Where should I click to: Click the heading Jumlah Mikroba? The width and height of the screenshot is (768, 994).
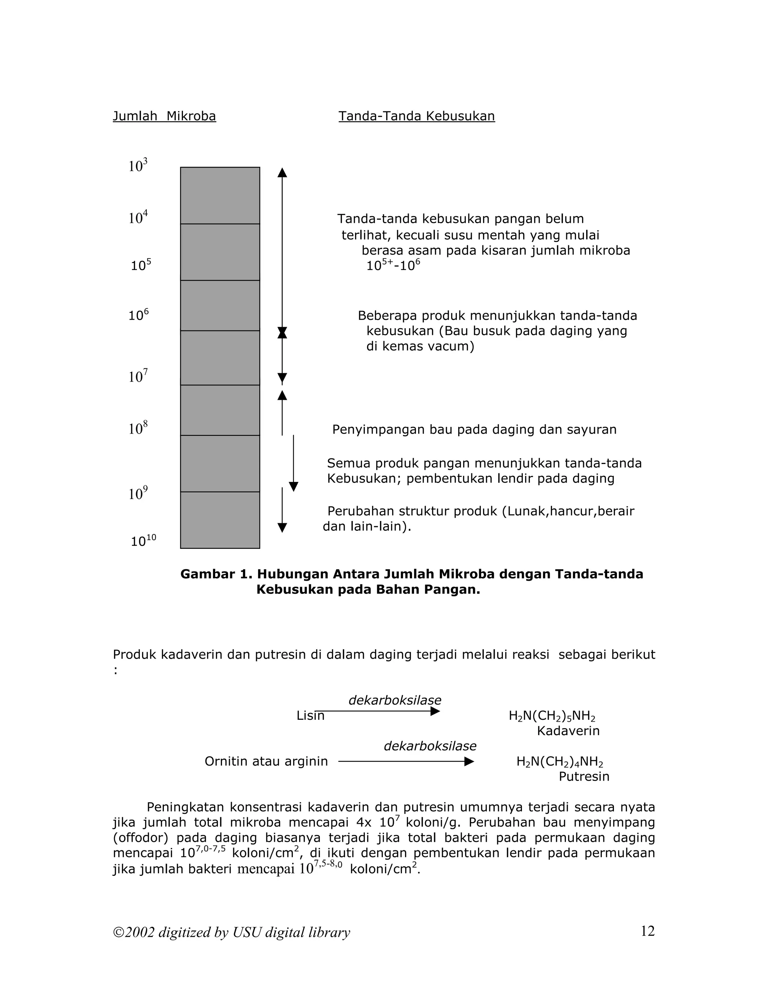coord(164,117)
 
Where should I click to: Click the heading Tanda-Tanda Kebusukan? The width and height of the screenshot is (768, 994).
coord(416,117)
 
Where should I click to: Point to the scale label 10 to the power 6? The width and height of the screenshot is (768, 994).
coord(138,315)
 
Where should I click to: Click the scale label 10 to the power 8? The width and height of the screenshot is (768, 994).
coord(138,428)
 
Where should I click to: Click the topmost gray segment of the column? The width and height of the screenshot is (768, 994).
coord(220,196)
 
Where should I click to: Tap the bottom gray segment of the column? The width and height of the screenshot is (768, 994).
coord(220,520)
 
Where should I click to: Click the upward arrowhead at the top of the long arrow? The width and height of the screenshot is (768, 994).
coord(282,173)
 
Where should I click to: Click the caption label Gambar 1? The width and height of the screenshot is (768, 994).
coord(216,574)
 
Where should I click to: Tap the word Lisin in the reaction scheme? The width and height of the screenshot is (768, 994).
coord(310,716)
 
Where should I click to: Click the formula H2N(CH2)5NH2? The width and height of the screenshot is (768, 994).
coord(552,716)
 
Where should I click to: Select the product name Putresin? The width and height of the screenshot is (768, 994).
coord(584,776)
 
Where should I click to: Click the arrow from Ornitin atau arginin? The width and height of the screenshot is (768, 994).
coord(406,761)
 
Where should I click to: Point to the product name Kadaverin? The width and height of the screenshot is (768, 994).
coord(568,731)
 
